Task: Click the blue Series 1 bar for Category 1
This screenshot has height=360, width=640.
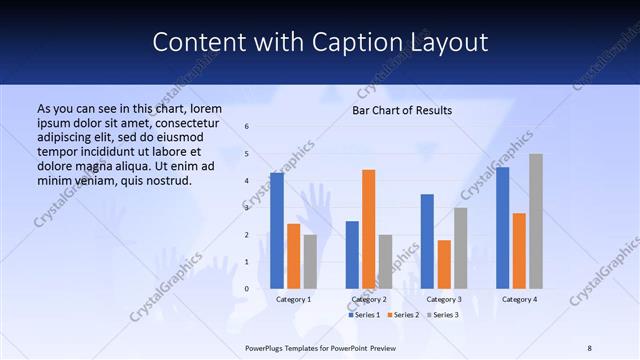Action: coord(277,231)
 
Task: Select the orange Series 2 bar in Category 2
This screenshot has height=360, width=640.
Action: coord(369,229)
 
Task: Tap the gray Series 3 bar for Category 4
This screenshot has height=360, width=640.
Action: coord(536,221)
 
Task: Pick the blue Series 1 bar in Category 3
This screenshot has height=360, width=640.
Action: coord(427,241)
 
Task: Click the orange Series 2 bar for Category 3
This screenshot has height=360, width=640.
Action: coord(444,264)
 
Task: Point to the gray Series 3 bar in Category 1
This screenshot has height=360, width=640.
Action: coord(310,261)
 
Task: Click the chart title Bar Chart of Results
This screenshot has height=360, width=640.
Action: coord(402,110)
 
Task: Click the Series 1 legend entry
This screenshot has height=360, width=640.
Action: coord(364,315)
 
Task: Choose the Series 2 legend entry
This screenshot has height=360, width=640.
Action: coord(402,315)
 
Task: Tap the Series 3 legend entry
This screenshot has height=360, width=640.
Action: coord(441,315)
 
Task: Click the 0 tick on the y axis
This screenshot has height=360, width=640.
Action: coord(247,289)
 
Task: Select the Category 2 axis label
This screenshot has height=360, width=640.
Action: coord(369,299)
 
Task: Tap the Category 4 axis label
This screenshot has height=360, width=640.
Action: coord(519,299)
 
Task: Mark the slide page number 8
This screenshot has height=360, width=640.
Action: coord(589,346)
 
